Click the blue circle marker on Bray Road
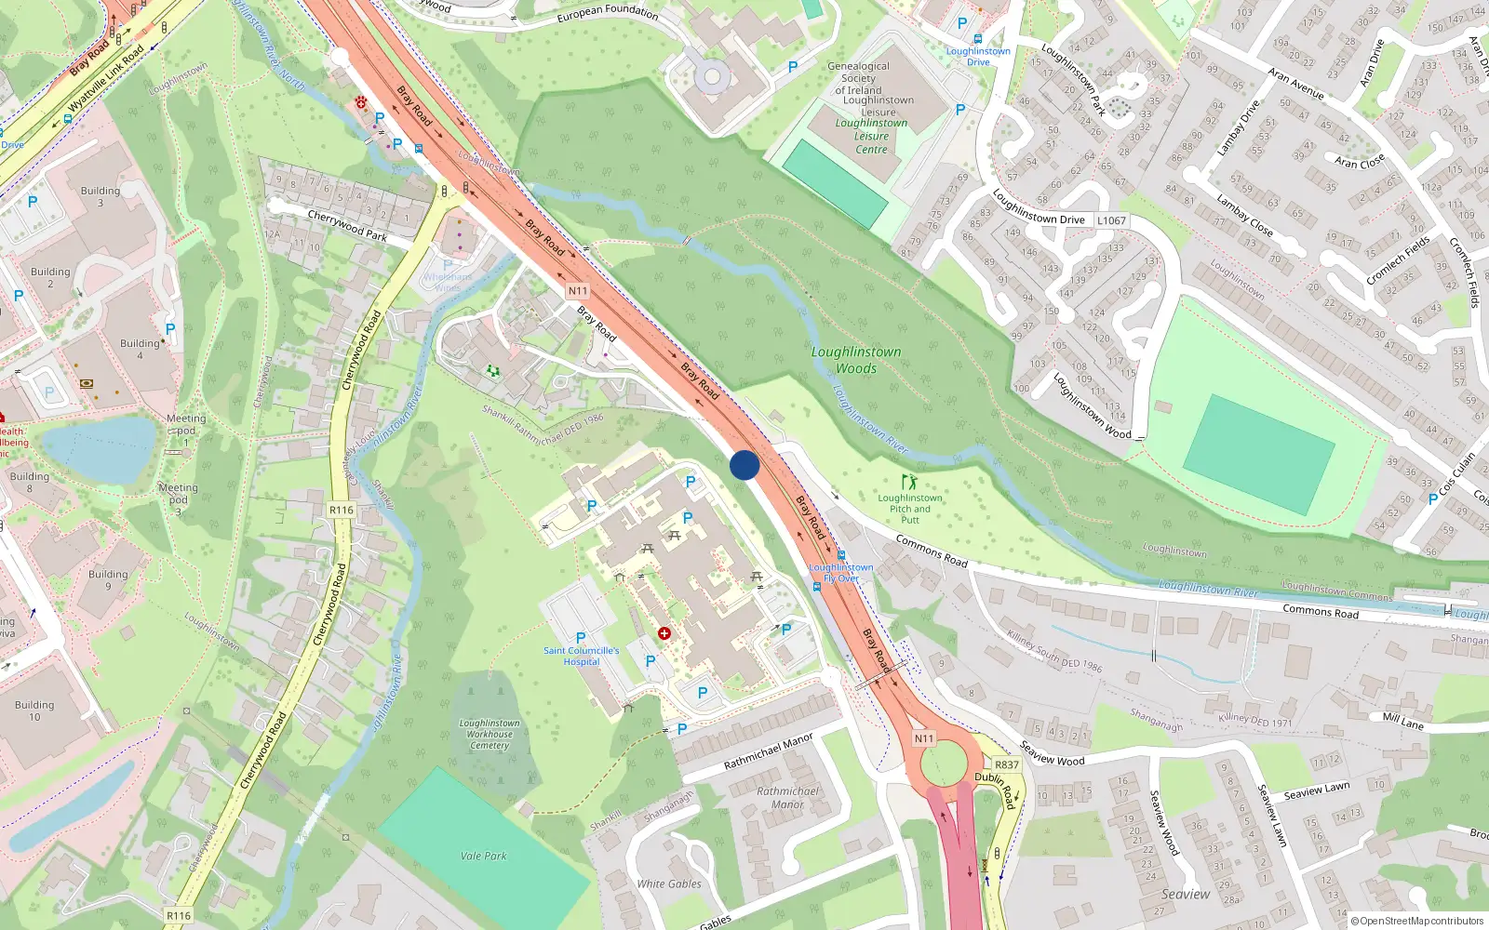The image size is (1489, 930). coord(744,465)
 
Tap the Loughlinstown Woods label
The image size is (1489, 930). coord(856,360)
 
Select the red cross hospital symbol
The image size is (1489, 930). coord(664,633)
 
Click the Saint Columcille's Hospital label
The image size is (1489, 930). coord(581,656)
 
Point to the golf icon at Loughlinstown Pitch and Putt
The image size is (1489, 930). coord(908,482)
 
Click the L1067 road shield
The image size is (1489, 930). coord(1111,220)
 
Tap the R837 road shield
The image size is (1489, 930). coord(1007,764)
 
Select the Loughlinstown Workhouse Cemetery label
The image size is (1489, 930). coord(490,734)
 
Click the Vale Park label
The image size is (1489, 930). coord(484,856)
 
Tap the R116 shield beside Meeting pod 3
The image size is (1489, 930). coord(342,510)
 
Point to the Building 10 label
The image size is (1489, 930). coord(34,711)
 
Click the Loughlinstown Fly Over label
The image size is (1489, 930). coord(841,573)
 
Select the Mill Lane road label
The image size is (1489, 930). coord(1402,721)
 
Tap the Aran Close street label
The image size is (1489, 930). coord(1360,161)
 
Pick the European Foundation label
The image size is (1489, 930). coord(607,13)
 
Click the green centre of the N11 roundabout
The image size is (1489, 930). coord(943,763)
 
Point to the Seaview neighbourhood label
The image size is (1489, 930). coord(1186,894)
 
